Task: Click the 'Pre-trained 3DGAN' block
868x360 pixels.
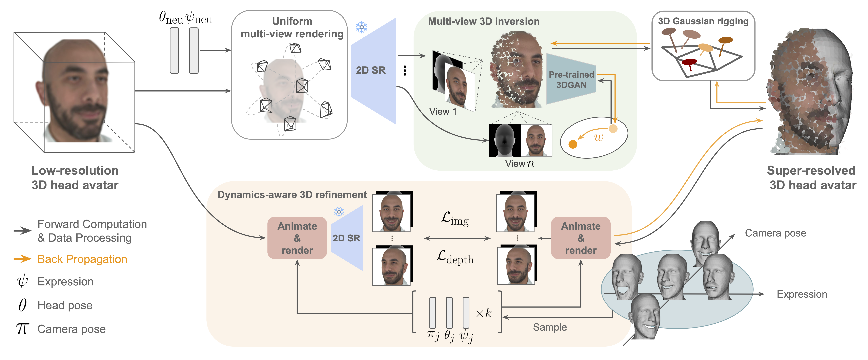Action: click(571, 80)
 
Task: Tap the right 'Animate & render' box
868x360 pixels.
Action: click(581, 238)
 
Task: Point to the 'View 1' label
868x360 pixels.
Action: click(442, 112)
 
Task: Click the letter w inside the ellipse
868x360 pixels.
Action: click(598, 137)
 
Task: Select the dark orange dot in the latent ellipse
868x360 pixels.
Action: click(572, 144)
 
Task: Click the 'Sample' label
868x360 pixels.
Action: click(550, 327)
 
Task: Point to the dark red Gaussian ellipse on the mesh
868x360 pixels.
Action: click(689, 62)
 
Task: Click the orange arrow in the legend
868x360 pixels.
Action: click(23, 259)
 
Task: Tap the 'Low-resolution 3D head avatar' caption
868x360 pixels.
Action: click(75, 178)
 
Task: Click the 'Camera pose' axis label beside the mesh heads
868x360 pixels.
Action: click(775, 233)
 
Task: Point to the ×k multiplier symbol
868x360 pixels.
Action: click(484, 313)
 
